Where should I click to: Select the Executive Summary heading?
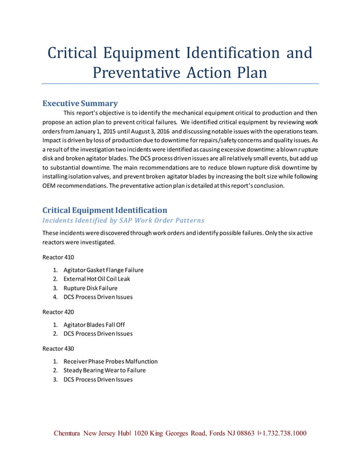(80, 103)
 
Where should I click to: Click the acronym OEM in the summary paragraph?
(51, 186)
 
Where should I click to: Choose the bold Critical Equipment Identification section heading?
(105, 210)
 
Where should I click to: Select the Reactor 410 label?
(58, 257)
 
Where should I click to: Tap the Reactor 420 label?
(58, 311)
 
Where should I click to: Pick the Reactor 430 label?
(58, 348)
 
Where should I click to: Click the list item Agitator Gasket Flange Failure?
(103, 270)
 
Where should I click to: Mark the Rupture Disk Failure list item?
(90, 288)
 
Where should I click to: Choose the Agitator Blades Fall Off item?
(94, 324)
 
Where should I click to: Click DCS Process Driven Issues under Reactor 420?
(98, 333)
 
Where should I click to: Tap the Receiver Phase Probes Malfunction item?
(111, 361)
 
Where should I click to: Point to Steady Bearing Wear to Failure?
(104, 370)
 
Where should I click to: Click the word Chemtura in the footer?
(67, 434)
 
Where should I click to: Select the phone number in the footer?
(282, 434)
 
